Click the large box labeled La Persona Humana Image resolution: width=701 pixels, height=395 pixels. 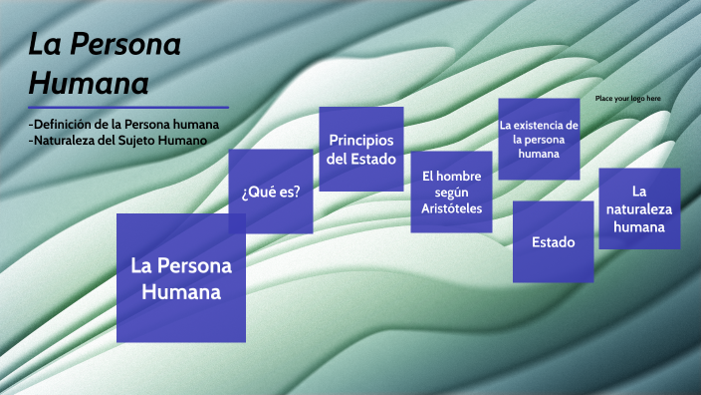coord(181,278)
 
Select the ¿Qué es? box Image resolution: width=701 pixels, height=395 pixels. coord(271,192)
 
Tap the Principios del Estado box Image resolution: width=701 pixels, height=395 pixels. coord(360,149)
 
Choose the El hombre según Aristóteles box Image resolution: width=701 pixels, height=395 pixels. coord(451,192)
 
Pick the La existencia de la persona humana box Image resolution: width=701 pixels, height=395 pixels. coord(539,140)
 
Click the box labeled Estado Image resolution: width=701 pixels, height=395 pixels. coord(553,242)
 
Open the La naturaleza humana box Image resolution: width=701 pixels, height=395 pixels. coord(639,208)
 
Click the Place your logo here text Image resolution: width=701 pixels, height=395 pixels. coord(627,99)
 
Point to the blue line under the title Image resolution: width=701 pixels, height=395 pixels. coord(128,108)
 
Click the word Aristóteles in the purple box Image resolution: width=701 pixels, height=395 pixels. coord(451,208)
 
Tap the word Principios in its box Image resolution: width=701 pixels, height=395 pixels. coord(360,140)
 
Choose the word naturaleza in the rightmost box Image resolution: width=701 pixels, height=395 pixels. coord(639,208)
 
